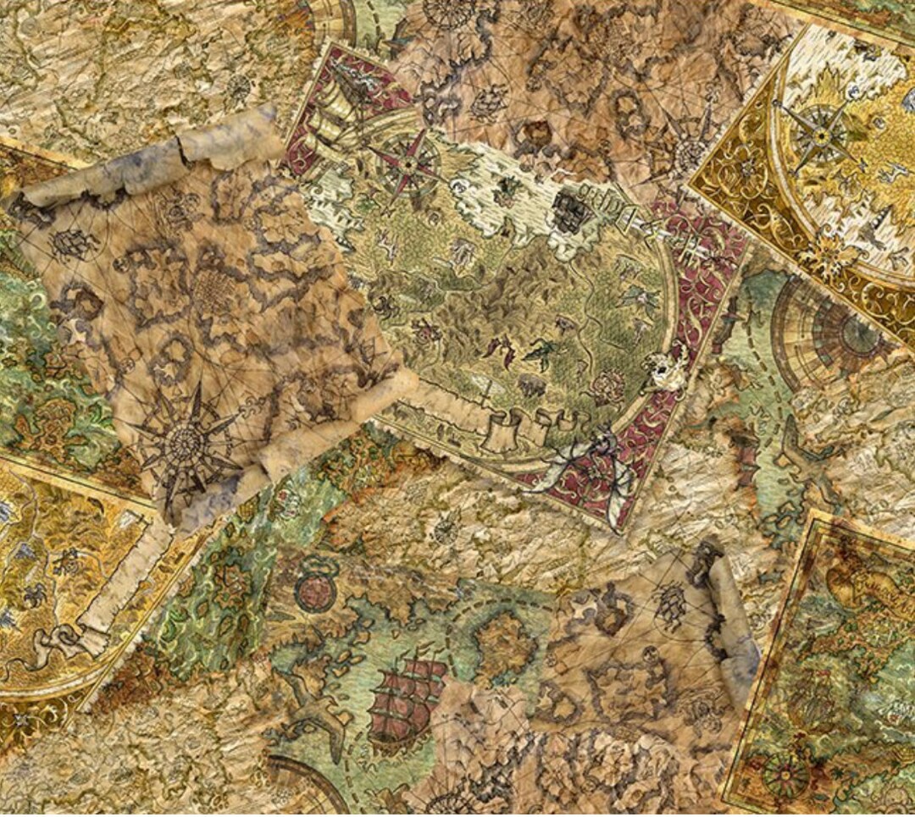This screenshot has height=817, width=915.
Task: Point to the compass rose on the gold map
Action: tap(818, 132)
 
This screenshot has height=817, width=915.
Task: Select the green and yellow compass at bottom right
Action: tap(784, 773)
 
